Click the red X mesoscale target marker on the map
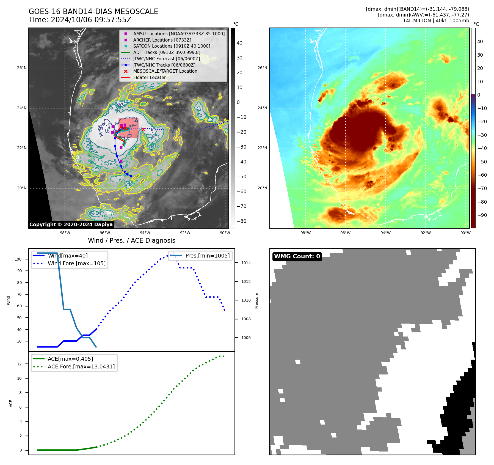tap(143, 129)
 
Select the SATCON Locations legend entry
tap(172, 46)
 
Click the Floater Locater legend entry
tap(149, 78)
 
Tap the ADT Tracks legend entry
tap(167, 52)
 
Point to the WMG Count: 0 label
tap(297, 256)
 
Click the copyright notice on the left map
tap(71, 225)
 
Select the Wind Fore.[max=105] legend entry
tap(76, 263)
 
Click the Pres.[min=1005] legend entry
tap(207, 256)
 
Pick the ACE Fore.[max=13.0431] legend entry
tap(81, 366)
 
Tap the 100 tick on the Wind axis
tap(18, 259)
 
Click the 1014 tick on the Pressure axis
tap(246, 263)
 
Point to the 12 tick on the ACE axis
tap(19, 364)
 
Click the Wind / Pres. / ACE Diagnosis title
tap(131, 240)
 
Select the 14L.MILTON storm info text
tap(436, 21)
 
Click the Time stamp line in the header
tap(80, 20)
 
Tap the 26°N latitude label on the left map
tap(22, 68)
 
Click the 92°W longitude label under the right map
tap(425, 233)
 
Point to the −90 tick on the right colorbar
tap(482, 215)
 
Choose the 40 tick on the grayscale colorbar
tap(239, 43)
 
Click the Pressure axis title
tap(256, 300)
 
